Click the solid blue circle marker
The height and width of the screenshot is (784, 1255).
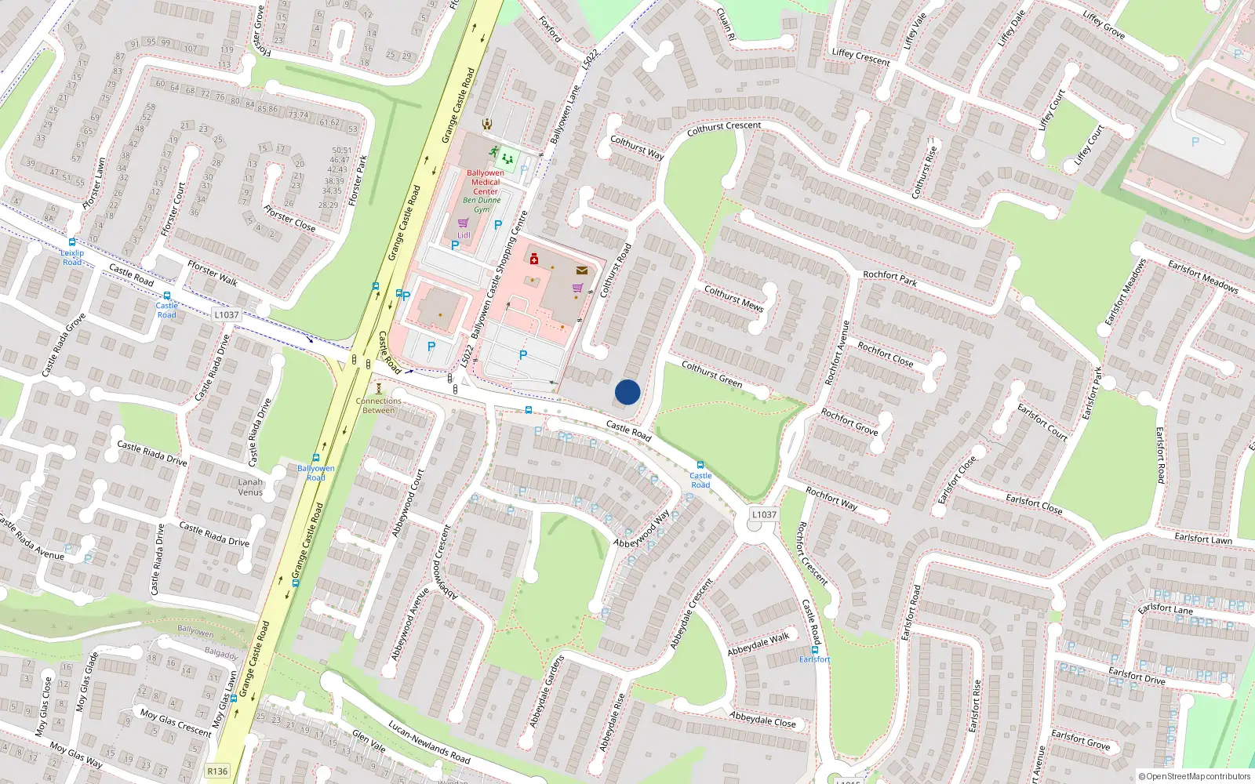[627, 392]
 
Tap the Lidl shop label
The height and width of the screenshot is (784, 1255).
[464, 234]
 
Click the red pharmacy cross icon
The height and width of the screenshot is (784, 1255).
[534, 259]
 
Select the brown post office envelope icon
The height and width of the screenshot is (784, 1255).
[581, 270]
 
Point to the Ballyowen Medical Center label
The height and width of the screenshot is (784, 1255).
[486, 182]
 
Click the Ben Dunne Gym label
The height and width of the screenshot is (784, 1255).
[482, 205]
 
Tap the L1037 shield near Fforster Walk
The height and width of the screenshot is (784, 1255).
[226, 314]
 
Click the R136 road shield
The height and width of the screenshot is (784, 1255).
[217, 771]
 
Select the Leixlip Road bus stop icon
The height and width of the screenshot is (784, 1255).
[72, 243]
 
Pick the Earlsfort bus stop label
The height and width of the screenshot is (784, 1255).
[814, 659]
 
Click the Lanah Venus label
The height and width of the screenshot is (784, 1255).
[251, 487]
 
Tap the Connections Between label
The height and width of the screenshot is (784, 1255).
[379, 405]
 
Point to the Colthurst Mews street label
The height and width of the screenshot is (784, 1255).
[733, 299]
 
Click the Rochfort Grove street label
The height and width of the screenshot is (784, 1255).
[849, 421]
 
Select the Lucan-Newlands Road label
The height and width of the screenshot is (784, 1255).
[429, 743]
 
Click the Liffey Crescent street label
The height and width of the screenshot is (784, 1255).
[860, 57]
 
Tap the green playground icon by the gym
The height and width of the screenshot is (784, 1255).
[507, 158]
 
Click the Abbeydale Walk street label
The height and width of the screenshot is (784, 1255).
[758, 644]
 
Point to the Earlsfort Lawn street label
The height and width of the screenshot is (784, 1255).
[1203, 538]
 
